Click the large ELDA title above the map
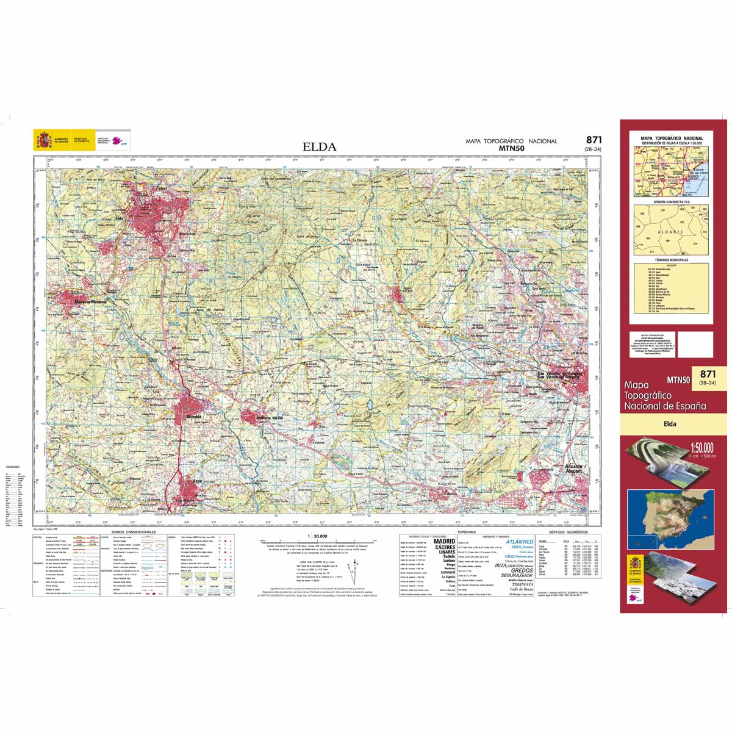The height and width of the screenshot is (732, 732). click(319, 146)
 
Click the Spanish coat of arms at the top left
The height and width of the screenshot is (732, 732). click(43, 141)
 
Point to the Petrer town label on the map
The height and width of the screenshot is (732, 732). click(162, 189)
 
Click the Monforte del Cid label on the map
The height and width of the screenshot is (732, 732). click(270, 417)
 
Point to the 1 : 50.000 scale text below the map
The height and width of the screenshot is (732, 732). click(315, 536)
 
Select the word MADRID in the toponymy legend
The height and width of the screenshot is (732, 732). click(444, 540)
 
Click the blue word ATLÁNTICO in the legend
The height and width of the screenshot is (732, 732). click(515, 542)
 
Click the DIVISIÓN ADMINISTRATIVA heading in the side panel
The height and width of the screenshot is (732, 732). click(671, 201)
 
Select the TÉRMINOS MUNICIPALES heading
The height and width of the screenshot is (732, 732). click(671, 260)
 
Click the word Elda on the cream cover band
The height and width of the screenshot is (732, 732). click(671, 423)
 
